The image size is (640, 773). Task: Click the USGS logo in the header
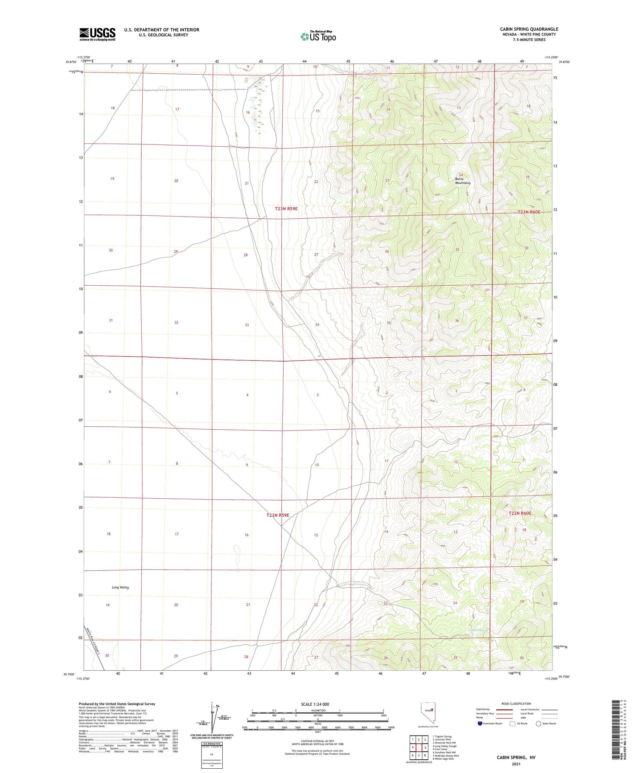97,34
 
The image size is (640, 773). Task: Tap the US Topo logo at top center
318,36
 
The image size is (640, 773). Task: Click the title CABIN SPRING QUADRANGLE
529,29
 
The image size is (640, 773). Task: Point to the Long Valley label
120,588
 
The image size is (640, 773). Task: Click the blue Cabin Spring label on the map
478,630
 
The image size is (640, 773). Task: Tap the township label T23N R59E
286,209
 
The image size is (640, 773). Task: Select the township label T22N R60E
520,513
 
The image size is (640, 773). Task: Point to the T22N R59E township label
278,515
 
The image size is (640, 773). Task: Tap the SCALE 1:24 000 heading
315,704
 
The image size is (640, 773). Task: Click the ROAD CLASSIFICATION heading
516,704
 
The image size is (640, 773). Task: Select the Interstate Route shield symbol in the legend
480,723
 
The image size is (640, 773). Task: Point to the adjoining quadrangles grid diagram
419,747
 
